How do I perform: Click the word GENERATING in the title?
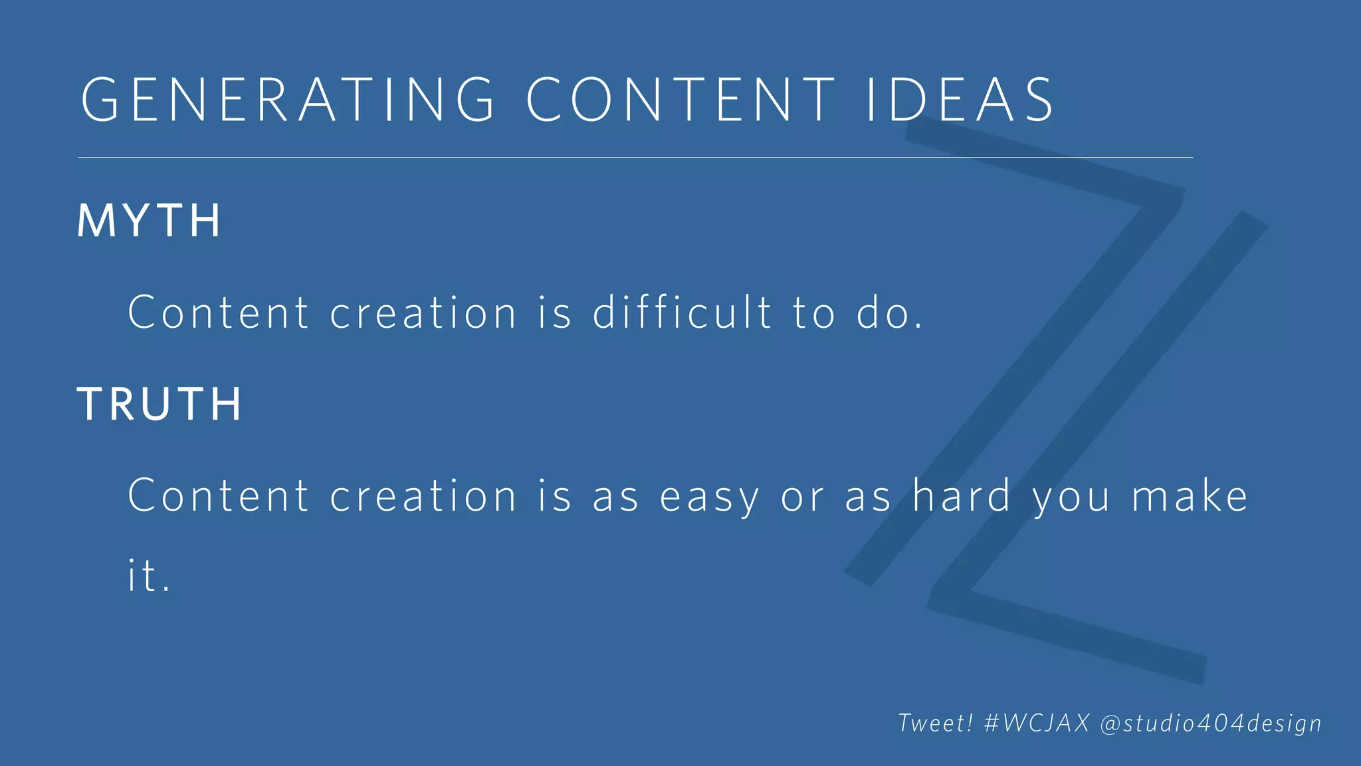pyautogui.click(x=288, y=100)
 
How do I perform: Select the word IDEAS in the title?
pyautogui.click(x=960, y=100)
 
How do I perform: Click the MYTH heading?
pyautogui.click(x=149, y=221)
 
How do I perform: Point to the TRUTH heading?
pyautogui.click(x=159, y=404)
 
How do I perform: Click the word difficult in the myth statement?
pyautogui.click(x=682, y=312)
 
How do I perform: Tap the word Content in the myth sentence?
pyautogui.click(x=218, y=312)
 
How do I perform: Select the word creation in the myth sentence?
pyautogui.click(x=423, y=312)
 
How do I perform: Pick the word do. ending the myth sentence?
pyautogui.click(x=889, y=313)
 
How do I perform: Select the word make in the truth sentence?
pyautogui.click(x=1190, y=496)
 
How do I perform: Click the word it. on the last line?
pyautogui.click(x=149, y=576)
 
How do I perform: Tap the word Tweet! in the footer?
pyautogui.click(x=936, y=723)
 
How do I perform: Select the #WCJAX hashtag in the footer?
pyautogui.click(x=1037, y=723)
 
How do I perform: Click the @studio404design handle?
pyautogui.click(x=1211, y=723)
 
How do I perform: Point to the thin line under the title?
pyautogui.click(x=635, y=158)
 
